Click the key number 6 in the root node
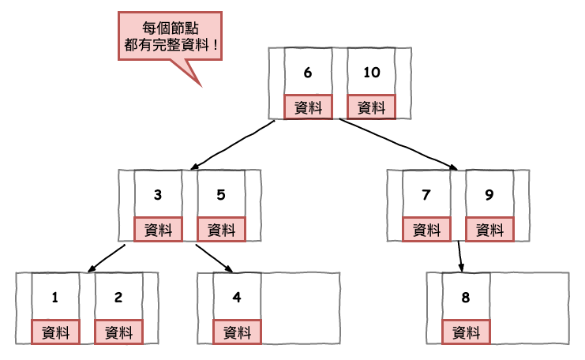pyautogui.click(x=308, y=73)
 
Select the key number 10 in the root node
pyautogui.click(x=371, y=73)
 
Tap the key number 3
pyautogui.click(x=158, y=195)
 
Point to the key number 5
pyautogui.click(x=221, y=195)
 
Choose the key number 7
pyautogui.click(x=426, y=195)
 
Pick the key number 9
pyautogui.click(x=489, y=195)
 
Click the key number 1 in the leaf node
pyautogui.click(x=55, y=298)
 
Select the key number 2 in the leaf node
pyautogui.click(x=118, y=298)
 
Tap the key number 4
pyautogui.click(x=237, y=298)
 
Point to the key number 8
pyautogui.click(x=466, y=298)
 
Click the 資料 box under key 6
pyautogui.click(x=308, y=107)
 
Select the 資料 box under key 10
pyautogui.click(x=371, y=107)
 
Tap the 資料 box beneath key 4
pyautogui.click(x=237, y=332)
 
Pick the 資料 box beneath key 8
pyautogui.click(x=466, y=332)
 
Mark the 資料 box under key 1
pyautogui.click(x=55, y=332)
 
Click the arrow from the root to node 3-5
pyautogui.click(x=233, y=144)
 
